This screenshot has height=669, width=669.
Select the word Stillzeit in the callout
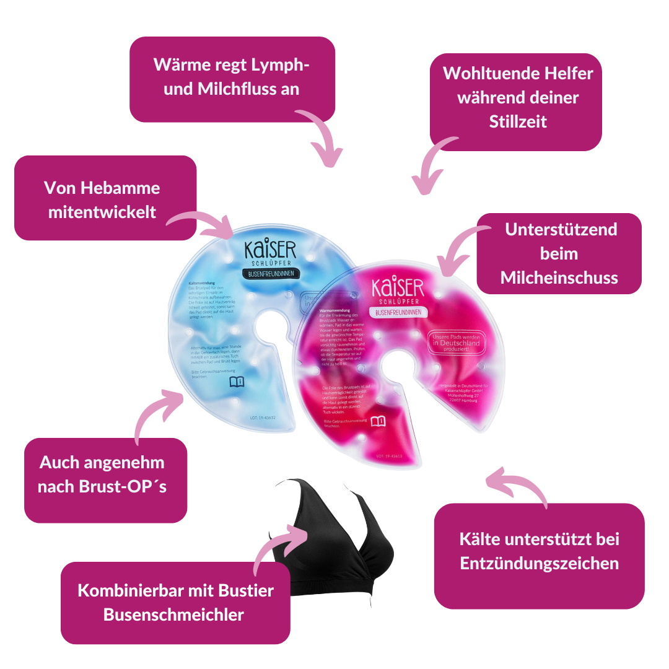518,121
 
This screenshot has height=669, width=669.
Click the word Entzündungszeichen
539,563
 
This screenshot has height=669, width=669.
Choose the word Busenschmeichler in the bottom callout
174,614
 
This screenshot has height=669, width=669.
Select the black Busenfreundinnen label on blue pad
270,273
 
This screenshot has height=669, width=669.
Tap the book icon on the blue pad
237,382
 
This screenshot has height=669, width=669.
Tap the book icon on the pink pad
378,422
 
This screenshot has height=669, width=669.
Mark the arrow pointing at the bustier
279,545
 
